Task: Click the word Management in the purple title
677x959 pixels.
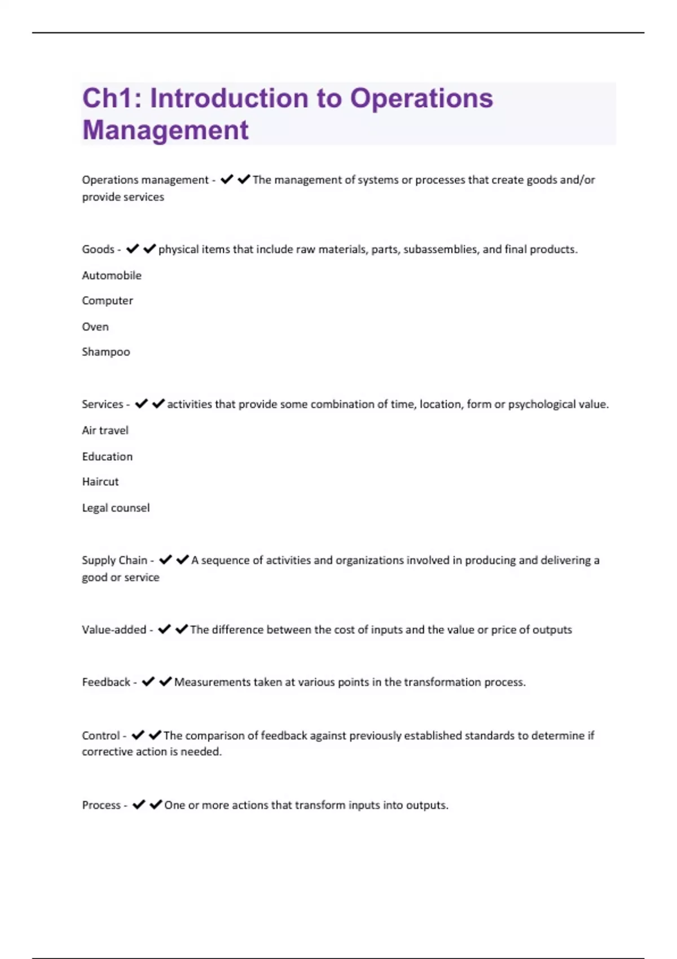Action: click(165, 130)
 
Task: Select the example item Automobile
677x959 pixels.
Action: click(112, 275)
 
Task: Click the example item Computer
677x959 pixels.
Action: click(107, 301)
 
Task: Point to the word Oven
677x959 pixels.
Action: click(95, 327)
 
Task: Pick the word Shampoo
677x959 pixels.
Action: click(106, 352)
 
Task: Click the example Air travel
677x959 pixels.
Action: click(105, 430)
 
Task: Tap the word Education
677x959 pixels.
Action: click(107, 456)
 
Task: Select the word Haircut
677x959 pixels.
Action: click(100, 482)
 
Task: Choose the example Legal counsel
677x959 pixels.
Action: click(116, 508)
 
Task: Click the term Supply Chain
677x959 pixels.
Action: click(115, 560)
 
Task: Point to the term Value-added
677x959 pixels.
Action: click(114, 630)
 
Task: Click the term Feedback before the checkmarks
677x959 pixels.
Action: click(106, 682)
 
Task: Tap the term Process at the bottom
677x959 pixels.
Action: click(101, 805)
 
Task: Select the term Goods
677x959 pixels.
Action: click(98, 249)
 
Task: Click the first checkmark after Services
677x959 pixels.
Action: click(141, 404)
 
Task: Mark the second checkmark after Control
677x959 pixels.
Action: click(155, 735)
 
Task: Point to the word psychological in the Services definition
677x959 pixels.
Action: click(542, 404)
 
